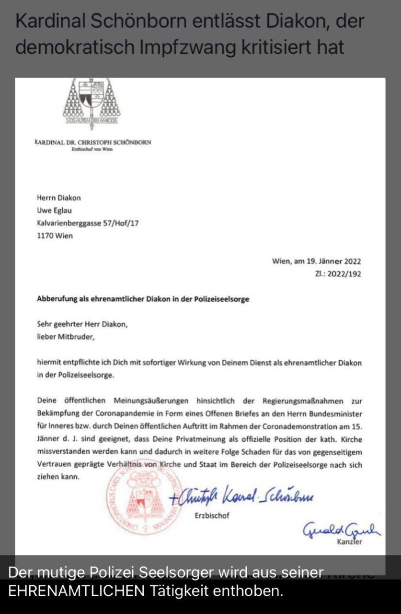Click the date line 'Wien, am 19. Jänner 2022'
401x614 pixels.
coord(316,261)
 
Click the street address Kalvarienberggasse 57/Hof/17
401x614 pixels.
coord(88,223)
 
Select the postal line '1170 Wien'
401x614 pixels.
coord(55,236)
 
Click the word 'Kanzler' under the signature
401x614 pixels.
coord(350,542)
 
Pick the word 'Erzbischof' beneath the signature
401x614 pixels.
coord(212,516)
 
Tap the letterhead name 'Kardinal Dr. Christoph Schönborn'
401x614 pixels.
coord(93,142)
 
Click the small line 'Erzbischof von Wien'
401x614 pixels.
coord(92,149)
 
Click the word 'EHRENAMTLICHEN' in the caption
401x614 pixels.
coord(76,591)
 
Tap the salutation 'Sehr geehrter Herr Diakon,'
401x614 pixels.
coord(82,324)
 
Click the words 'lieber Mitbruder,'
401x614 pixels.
coord(66,337)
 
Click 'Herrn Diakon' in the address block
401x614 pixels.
coord(58,198)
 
